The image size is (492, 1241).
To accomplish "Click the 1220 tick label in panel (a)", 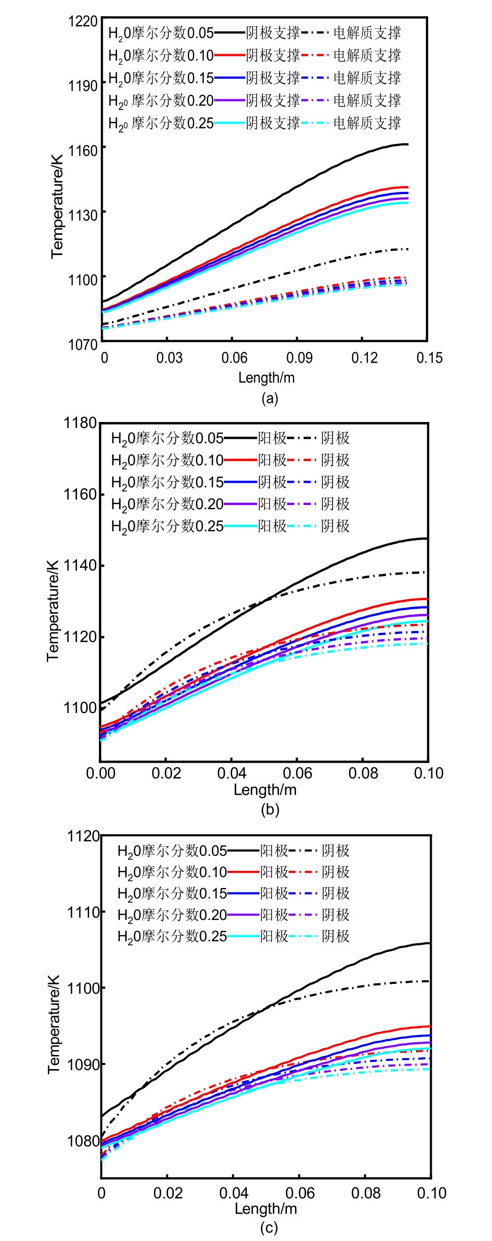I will click(x=83, y=21).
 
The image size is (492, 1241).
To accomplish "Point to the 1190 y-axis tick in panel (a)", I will click(x=83, y=86).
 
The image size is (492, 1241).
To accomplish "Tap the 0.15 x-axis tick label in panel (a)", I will click(x=429, y=358).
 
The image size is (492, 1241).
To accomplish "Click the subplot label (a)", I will click(x=270, y=398).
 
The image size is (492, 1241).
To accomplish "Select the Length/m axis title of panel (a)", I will click(x=267, y=378).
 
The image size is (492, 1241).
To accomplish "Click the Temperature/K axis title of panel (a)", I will click(x=57, y=206).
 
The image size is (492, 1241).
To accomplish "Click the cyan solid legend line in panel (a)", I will click(x=230, y=123).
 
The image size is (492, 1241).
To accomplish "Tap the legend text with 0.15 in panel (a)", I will click(x=161, y=78).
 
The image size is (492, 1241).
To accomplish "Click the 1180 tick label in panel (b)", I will click(x=80, y=423).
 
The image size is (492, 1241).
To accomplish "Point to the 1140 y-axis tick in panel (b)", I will click(x=80, y=565).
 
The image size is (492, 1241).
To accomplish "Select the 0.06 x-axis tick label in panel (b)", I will click(x=297, y=773).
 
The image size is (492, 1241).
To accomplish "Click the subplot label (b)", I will click(x=270, y=809).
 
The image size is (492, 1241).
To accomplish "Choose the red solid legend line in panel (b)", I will click(x=240, y=460).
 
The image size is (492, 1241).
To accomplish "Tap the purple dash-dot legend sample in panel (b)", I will click(x=302, y=504).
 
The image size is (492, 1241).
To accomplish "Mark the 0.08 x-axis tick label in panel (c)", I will click(x=365, y=1193).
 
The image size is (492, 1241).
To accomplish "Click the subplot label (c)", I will click(x=269, y=1228).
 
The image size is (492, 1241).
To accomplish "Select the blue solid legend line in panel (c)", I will click(x=243, y=893).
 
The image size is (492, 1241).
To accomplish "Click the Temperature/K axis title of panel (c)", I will click(x=54, y=1024).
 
